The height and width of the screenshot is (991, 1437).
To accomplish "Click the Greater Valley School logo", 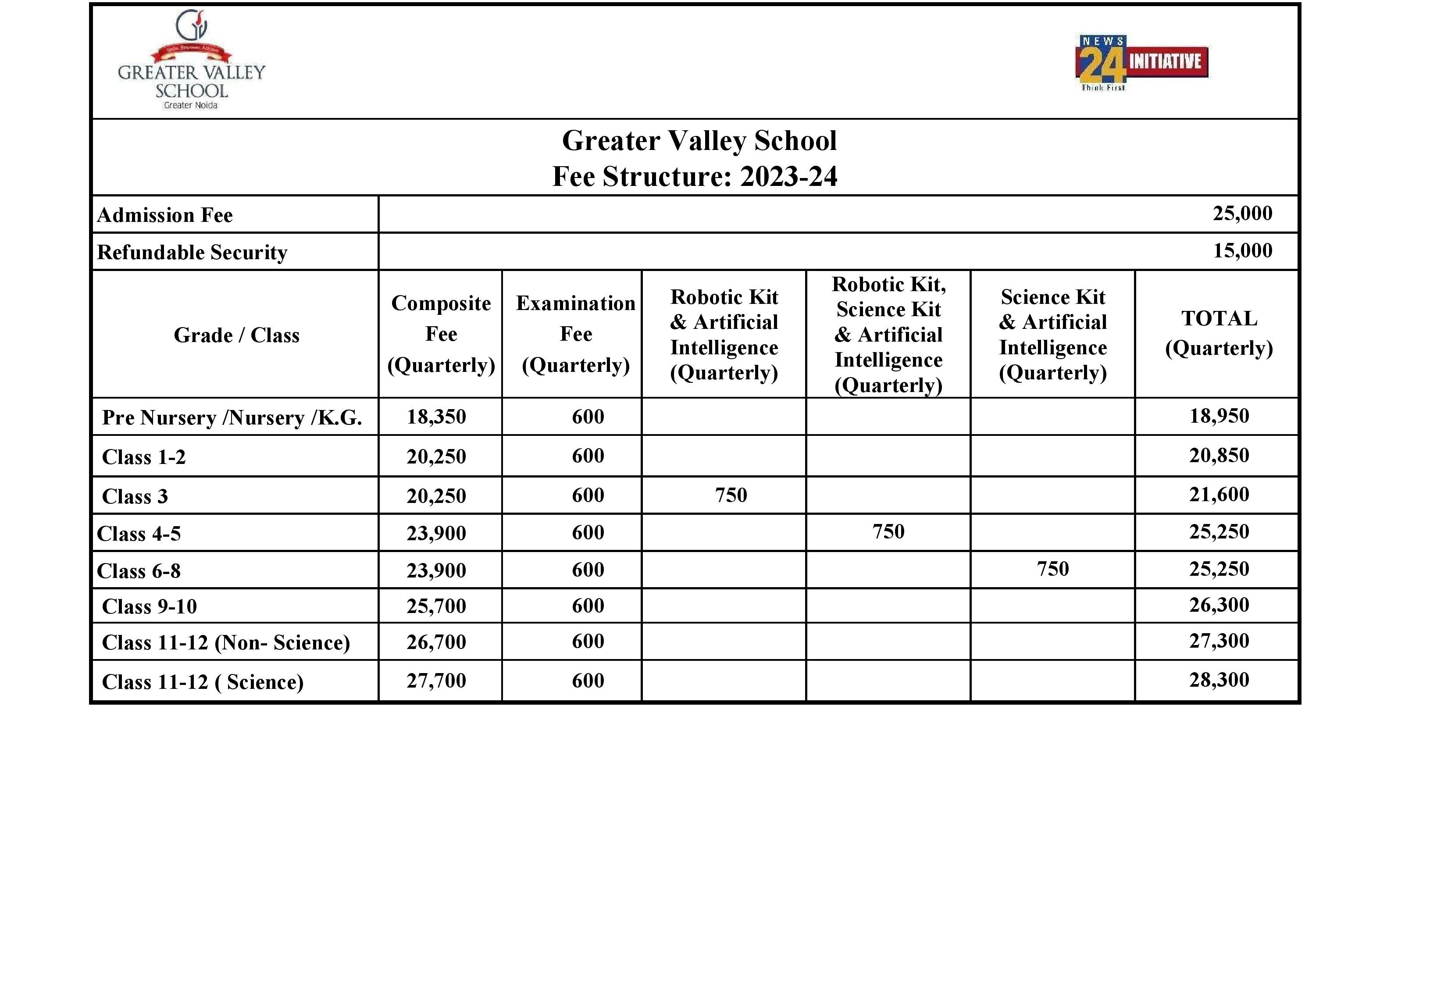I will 191,60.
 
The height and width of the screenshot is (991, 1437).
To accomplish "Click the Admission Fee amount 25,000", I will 1242,214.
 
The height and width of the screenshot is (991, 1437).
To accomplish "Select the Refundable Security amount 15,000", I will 1242,251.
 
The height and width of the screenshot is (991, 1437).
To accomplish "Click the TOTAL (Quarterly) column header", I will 1219,333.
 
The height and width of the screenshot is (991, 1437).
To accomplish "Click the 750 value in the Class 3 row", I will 731,495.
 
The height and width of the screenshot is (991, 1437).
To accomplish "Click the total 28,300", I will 1219,681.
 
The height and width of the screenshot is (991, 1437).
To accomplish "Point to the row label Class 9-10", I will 149,606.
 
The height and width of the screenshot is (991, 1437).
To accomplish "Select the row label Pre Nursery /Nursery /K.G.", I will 232,418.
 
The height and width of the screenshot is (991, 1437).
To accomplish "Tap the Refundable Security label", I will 192,253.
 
